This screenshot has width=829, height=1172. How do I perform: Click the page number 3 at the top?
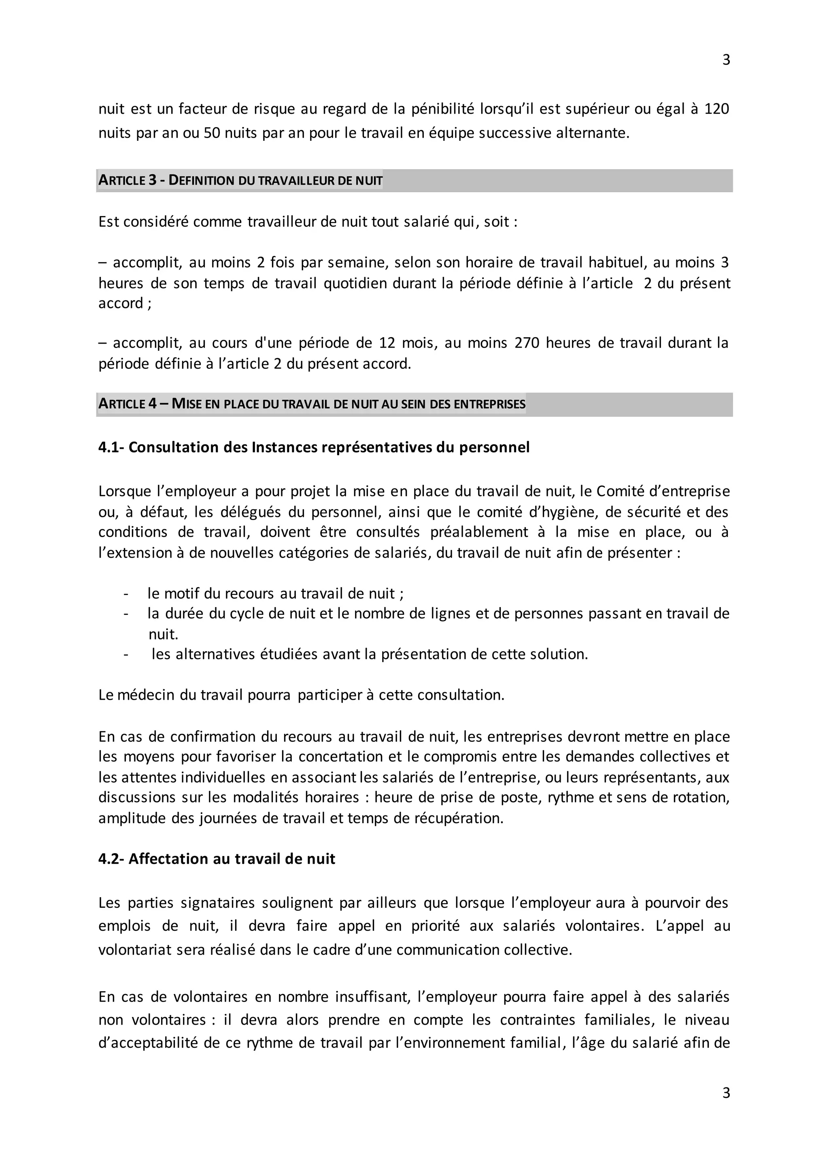tap(726, 60)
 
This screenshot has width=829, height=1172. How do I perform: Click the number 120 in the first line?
tap(716, 109)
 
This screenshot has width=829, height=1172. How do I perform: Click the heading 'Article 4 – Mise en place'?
tap(311, 404)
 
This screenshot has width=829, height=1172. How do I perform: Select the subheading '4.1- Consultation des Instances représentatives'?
tap(314, 447)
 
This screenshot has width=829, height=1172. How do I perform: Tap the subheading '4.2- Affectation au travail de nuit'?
tap(217, 859)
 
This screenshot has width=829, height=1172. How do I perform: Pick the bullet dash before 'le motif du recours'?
tap(125, 593)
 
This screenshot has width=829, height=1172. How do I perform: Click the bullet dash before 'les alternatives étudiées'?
tap(125, 654)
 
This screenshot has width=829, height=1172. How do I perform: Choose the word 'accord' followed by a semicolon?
tap(121, 303)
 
